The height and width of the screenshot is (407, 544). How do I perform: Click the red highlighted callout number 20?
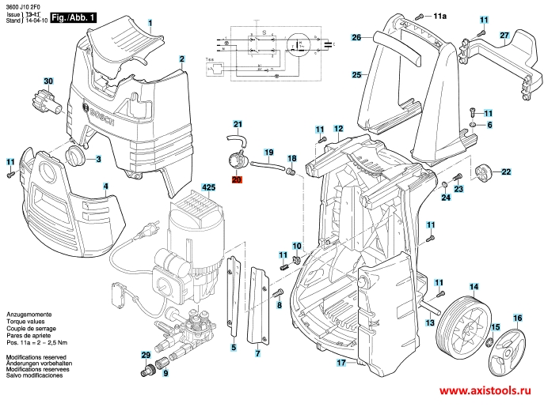[238, 179]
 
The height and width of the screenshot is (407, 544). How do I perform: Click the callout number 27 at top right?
[504, 36]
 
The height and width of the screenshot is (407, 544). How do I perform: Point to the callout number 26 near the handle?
[356, 37]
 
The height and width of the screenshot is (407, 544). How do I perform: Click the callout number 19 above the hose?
[268, 152]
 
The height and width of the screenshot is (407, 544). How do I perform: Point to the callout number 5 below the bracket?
[234, 347]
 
